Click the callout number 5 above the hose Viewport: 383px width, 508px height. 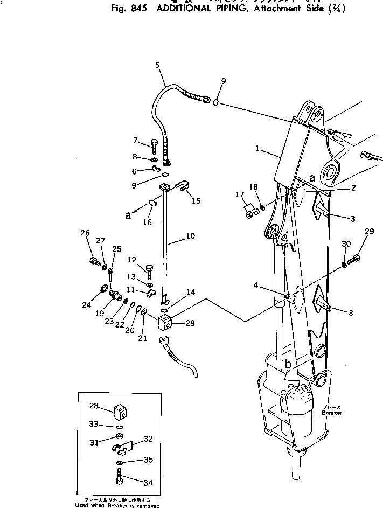coord(157,65)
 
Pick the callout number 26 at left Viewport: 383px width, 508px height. coord(85,233)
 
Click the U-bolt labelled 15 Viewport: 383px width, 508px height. coord(182,189)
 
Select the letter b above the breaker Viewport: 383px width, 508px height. coord(288,365)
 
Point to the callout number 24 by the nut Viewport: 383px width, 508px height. coord(86,305)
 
